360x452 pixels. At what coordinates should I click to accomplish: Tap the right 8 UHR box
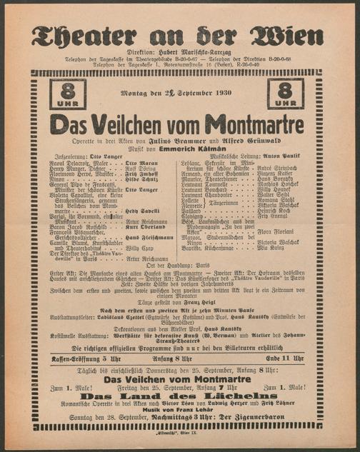click(285, 94)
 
